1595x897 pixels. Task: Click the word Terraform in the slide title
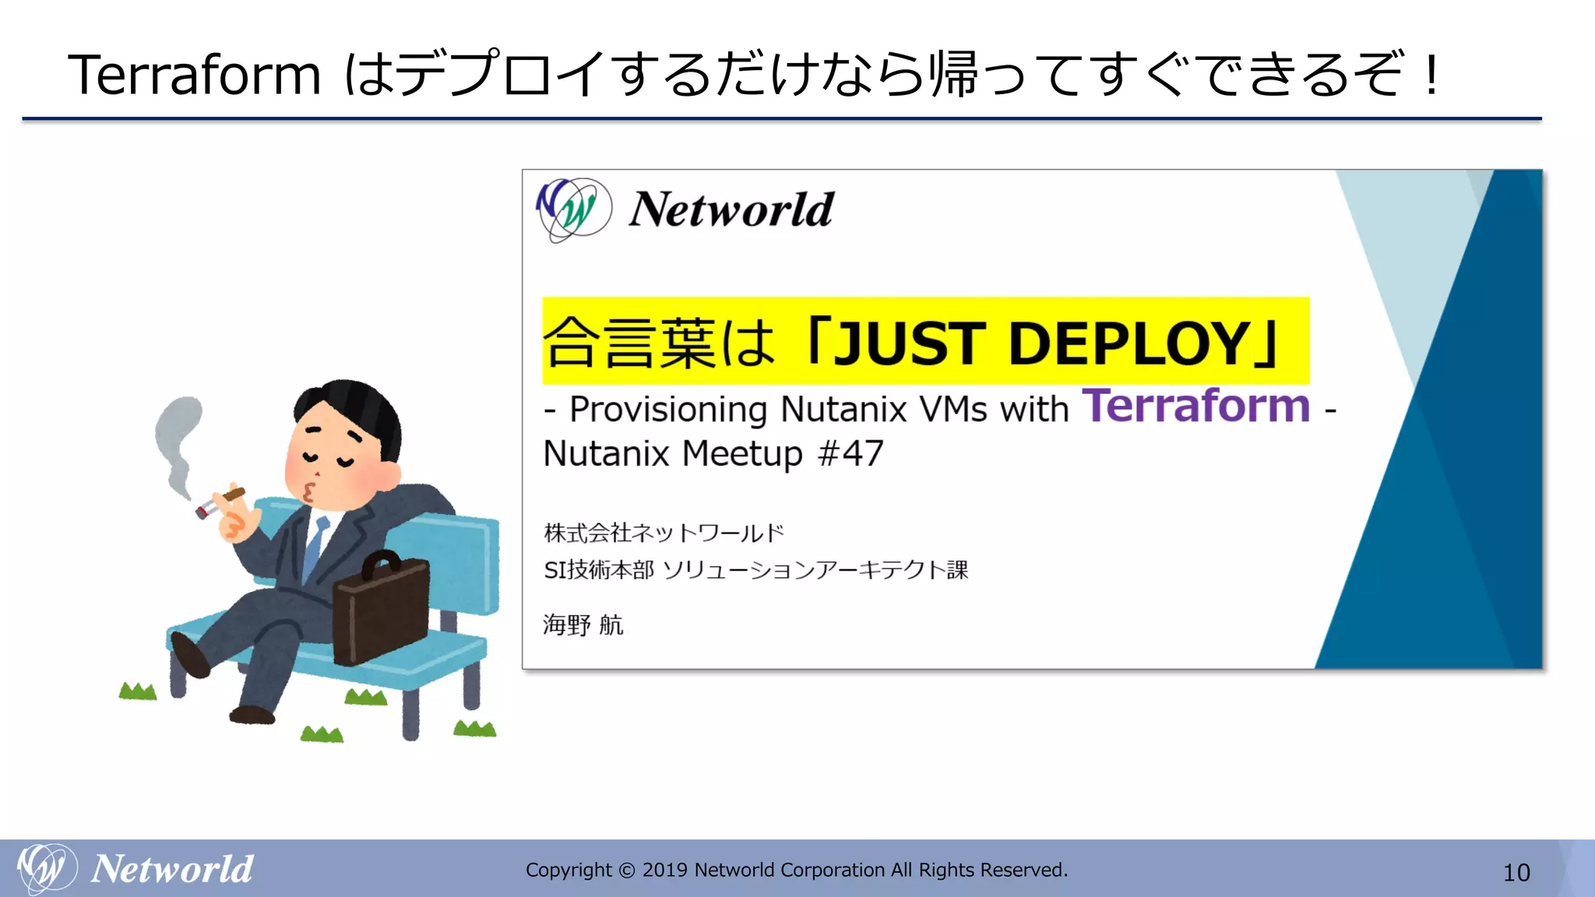(194, 75)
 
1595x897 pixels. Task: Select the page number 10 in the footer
(1516, 873)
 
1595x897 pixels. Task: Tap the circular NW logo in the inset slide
(575, 209)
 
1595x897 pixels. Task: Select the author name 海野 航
(583, 624)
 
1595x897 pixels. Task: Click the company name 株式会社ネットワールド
(664, 533)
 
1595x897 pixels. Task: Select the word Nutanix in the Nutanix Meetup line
(606, 453)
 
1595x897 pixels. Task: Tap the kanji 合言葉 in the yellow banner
(629, 343)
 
